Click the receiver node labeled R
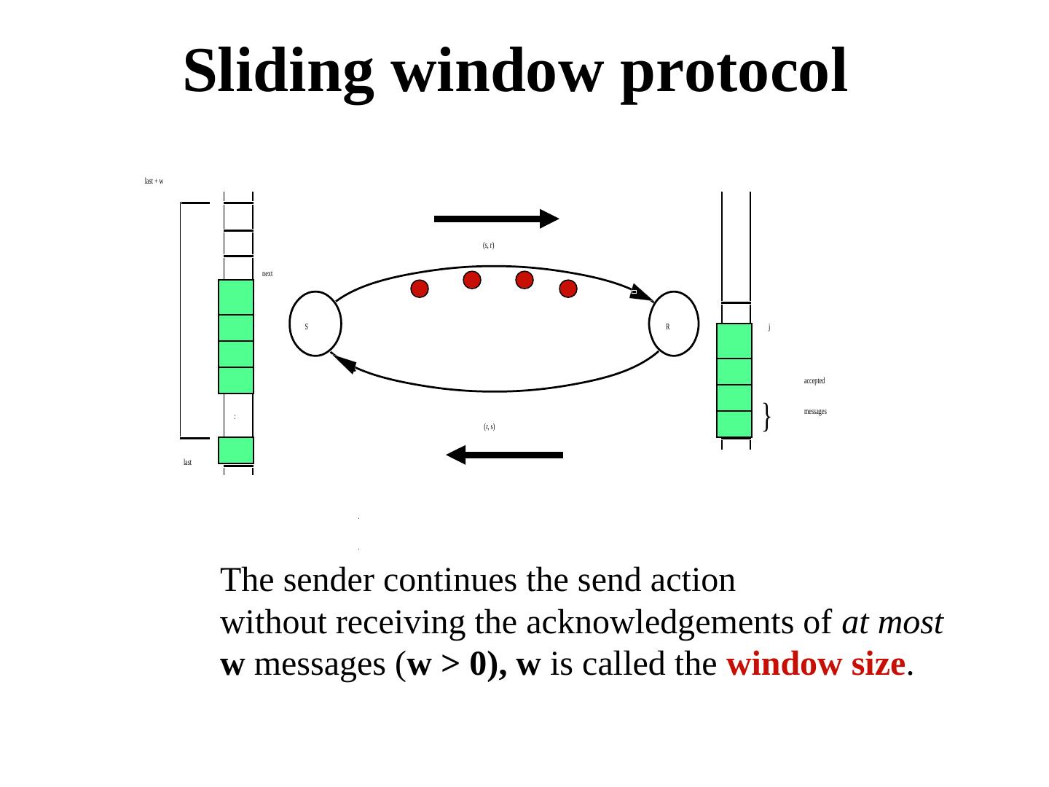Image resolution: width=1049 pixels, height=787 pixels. (x=674, y=324)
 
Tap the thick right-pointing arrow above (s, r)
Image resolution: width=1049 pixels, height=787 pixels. (x=496, y=218)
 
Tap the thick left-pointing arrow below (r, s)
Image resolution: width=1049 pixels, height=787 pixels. (x=504, y=455)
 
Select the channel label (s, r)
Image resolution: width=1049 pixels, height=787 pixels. (x=489, y=246)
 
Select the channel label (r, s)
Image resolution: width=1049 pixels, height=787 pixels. (x=490, y=426)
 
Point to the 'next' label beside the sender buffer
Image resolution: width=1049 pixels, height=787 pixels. (x=267, y=274)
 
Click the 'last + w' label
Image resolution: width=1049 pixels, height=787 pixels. (x=154, y=181)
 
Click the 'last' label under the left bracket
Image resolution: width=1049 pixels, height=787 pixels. (x=187, y=463)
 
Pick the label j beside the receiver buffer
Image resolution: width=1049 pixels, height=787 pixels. (x=769, y=327)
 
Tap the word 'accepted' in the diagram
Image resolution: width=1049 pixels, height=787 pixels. (x=814, y=381)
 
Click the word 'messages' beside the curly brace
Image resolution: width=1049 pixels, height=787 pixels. (x=815, y=412)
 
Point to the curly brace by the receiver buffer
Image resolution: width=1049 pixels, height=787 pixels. (x=767, y=416)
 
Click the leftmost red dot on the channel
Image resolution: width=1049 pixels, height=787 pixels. (x=420, y=289)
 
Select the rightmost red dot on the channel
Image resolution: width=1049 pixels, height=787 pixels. (x=568, y=289)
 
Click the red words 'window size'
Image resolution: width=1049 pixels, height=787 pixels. (x=816, y=665)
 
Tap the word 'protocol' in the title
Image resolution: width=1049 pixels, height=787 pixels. (x=734, y=71)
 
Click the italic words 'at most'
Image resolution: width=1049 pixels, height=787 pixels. (x=892, y=623)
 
